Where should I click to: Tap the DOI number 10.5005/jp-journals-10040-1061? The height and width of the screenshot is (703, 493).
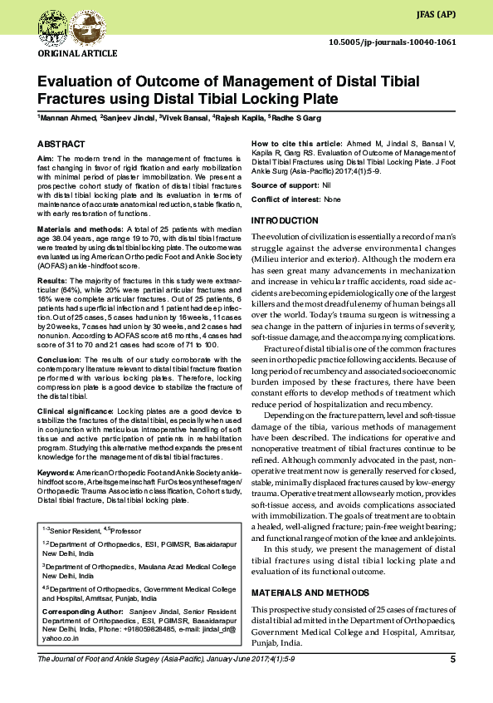(393, 42)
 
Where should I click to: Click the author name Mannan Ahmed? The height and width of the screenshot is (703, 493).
(69, 119)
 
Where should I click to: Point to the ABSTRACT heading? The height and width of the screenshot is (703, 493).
(61, 144)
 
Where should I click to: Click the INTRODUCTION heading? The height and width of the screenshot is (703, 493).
(285, 220)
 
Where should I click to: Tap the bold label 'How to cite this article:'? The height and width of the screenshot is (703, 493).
(297, 144)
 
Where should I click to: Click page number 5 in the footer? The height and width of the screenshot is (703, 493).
(452, 660)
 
